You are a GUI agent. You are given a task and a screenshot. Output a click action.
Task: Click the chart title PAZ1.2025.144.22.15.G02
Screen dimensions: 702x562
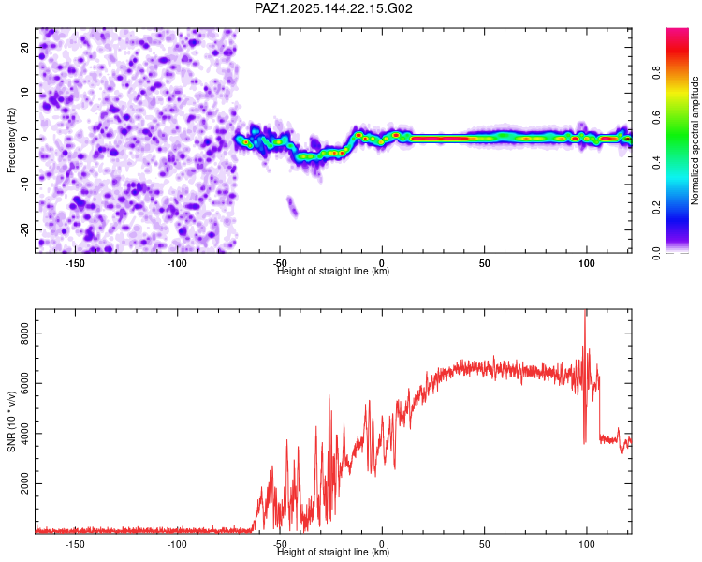click(333, 8)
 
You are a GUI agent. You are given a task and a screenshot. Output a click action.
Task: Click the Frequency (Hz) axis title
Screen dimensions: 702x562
click(11, 140)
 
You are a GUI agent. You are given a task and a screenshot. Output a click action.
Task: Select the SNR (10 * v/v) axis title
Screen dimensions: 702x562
click(11, 421)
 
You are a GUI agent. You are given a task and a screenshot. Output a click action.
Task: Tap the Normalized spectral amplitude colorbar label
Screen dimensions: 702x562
click(695, 140)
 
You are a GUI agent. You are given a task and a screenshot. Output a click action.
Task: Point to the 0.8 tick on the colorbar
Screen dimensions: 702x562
click(657, 72)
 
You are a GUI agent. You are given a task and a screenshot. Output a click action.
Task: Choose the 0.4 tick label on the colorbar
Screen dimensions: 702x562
click(657, 163)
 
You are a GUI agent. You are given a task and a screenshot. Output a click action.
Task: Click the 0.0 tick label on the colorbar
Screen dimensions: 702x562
click(657, 253)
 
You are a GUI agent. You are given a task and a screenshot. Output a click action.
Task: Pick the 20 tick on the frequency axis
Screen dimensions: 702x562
click(24, 48)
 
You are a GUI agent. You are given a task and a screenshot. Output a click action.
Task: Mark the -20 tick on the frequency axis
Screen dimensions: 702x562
click(24, 229)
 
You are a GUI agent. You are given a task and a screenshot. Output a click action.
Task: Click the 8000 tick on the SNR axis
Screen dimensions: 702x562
click(24, 333)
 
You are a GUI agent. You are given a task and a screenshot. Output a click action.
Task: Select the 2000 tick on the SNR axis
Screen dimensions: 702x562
click(24, 483)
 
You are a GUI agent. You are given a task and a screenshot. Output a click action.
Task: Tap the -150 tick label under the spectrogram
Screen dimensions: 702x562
click(75, 263)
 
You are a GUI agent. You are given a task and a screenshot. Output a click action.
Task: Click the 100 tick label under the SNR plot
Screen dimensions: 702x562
click(587, 544)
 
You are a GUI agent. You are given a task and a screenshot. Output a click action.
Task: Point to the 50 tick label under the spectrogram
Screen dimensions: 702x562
click(485, 263)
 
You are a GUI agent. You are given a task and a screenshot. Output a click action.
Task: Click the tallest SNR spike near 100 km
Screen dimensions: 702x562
click(585, 312)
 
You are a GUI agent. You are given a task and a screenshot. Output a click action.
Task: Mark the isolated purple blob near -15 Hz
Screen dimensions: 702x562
click(292, 206)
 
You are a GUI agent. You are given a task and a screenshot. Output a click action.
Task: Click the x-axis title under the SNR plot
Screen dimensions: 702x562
click(333, 552)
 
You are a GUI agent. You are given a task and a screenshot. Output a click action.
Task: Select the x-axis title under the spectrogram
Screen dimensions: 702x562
click(333, 272)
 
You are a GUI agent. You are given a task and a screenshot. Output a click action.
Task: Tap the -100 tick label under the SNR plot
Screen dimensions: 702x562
click(177, 544)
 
